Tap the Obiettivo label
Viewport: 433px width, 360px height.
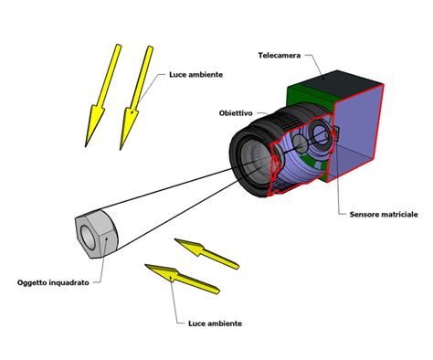(236, 113)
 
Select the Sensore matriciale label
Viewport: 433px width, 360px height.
(384, 215)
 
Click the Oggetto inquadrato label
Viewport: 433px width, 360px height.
(53, 283)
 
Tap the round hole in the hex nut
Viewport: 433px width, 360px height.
(89, 238)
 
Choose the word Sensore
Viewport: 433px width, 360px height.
(364, 215)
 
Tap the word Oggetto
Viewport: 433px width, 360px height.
(32, 283)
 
